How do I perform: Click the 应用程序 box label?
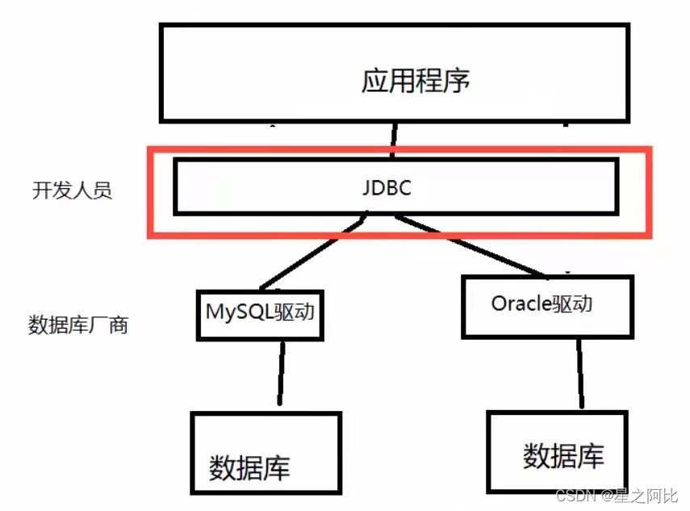pyautogui.click(x=415, y=81)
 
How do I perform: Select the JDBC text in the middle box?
pyautogui.click(x=387, y=187)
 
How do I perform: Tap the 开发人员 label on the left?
pyautogui.click(x=72, y=191)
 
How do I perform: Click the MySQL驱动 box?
pyautogui.click(x=260, y=315)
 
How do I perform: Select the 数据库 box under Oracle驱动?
pyautogui.click(x=556, y=453)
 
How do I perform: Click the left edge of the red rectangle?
pyautogui.click(x=150, y=192)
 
